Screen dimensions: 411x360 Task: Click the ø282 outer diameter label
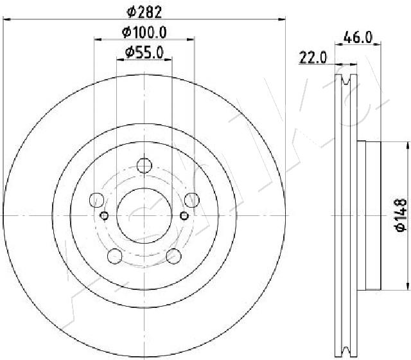[x=144, y=12]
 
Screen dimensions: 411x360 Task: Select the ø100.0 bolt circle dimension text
[x=144, y=33]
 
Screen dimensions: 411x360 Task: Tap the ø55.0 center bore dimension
[x=144, y=53]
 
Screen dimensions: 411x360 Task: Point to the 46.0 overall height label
[x=358, y=37]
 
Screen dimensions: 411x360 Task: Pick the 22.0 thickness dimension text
[x=313, y=57]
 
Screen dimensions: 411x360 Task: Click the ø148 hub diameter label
[x=401, y=215]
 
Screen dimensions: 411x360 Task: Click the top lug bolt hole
[x=144, y=166]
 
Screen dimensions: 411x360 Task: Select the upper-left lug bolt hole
[x=97, y=200]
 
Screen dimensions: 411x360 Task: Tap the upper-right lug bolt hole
[x=192, y=200]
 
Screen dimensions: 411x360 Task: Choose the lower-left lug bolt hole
[x=115, y=256]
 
